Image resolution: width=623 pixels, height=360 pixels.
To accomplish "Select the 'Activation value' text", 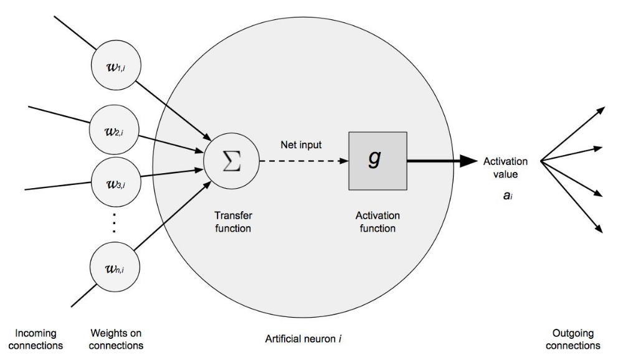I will coord(505,167).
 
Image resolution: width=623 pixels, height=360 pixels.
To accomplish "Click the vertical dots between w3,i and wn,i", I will coord(114,223).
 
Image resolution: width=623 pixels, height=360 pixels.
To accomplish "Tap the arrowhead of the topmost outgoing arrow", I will coord(601,108).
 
